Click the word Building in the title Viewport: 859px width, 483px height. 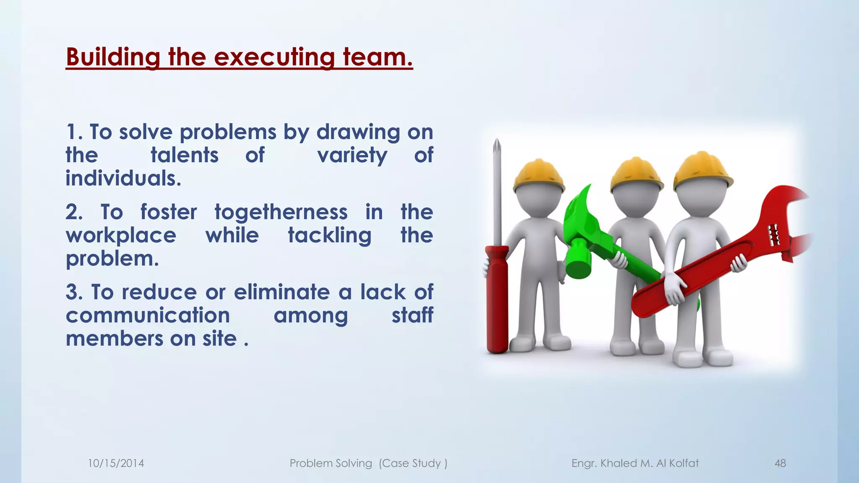[113, 57]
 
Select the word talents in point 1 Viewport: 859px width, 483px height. [185, 155]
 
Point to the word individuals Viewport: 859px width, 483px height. [123, 178]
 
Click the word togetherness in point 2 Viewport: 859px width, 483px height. [281, 212]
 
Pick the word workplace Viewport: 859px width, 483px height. [121, 235]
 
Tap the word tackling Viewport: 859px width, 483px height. [330, 235]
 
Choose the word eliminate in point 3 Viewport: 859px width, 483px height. [282, 292]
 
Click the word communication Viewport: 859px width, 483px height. [148, 315]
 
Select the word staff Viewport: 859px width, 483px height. [412, 315]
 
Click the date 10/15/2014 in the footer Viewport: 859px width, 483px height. [116, 463]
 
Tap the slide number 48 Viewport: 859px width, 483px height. [780, 463]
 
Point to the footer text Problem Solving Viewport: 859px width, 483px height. [331, 463]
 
